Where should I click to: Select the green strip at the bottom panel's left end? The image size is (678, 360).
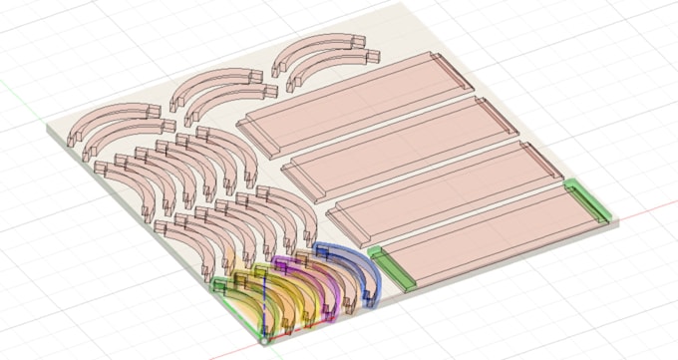click(392, 268)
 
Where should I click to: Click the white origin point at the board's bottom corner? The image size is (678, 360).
click(263, 340)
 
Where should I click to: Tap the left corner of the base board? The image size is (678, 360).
click(47, 129)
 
